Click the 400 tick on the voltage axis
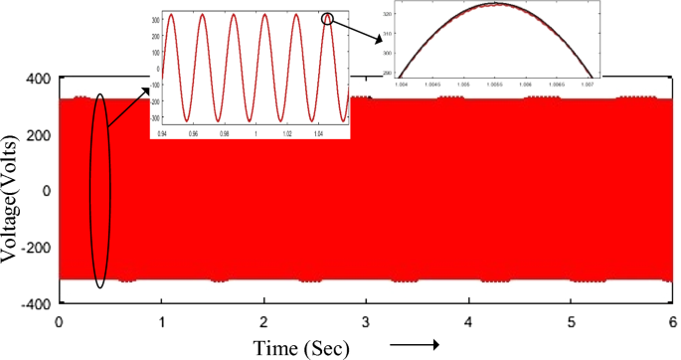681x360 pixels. click(39, 79)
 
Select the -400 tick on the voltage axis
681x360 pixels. click(36, 304)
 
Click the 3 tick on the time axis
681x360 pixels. click(367, 323)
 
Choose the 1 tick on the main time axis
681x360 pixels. click(162, 323)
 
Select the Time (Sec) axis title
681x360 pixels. click(299, 348)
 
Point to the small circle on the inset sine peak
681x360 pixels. click(328, 18)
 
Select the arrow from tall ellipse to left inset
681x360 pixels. click(127, 108)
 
